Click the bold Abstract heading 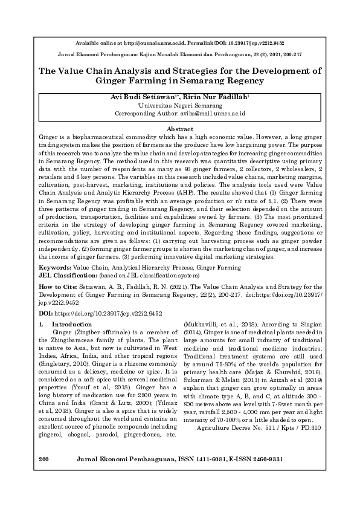pos(179,129)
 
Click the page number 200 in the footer pos(43,493)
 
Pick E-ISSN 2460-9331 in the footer pos(260,493)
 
